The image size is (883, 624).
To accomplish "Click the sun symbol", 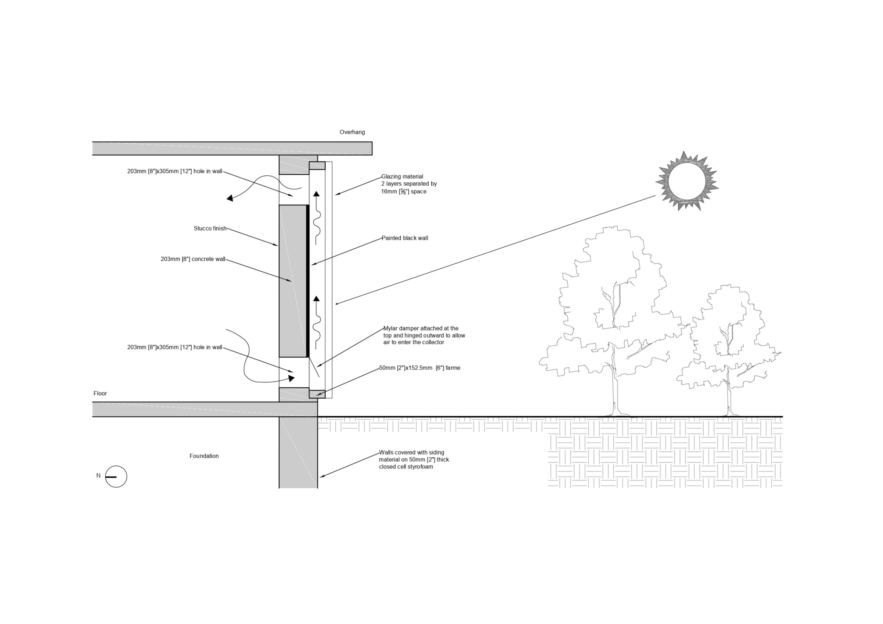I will [687, 181].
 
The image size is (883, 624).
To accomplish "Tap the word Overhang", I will [352, 132].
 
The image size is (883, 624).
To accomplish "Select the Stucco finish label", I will [210, 229].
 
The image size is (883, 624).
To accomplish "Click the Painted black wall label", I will [405, 238].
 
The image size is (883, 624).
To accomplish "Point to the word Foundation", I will [204, 456].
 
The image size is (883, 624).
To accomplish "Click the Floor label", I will [100, 393].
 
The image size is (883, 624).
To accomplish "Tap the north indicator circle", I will [116, 477].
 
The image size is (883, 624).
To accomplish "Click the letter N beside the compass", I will [99, 476].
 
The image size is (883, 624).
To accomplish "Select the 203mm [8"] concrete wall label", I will [193, 259].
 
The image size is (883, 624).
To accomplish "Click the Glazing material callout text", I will [408, 184].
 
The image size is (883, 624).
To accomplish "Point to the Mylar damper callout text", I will [424, 335].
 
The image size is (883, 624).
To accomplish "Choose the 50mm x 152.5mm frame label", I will [419, 368].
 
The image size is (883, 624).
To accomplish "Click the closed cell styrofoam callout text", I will [414, 459].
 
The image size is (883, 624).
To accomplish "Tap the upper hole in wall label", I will [175, 171].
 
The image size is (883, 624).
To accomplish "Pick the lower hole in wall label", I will [175, 347].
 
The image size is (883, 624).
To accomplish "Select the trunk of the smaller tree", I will [728, 396].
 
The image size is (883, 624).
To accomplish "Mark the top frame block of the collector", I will [317, 166].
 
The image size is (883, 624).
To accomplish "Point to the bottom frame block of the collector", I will [317, 394].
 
